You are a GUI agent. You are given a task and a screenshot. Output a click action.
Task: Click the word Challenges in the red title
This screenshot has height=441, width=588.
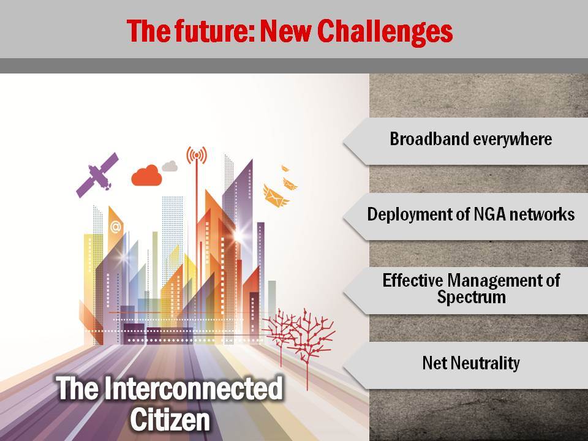pos(385,31)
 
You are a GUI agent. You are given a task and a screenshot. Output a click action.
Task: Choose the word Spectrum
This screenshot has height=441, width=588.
pos(471,298)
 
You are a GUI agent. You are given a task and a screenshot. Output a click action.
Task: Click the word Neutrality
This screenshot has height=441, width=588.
pos(485,363)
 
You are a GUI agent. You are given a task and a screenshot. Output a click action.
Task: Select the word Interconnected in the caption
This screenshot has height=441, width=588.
pos(193,388)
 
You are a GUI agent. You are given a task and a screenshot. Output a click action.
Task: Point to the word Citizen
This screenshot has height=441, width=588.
pos(170,419)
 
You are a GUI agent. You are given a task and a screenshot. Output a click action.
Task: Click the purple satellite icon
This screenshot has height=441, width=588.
pos(97,175)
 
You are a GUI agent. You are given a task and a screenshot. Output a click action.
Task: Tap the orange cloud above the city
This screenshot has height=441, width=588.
pos(146,176)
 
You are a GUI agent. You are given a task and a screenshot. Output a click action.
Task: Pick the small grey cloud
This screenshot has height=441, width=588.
pos(170,166)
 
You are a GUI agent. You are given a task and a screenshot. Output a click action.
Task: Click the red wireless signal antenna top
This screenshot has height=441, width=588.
pos(197,154)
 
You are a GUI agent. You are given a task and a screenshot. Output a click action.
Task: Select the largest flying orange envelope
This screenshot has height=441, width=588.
pos(276,196)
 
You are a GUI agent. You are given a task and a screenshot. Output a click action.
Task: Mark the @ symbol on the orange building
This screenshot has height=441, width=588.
pos(116,227)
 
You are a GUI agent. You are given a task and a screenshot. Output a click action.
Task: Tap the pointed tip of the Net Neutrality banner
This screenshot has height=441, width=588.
pos(344,366)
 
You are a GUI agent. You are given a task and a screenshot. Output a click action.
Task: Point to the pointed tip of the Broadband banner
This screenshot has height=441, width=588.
pos(344,141)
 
